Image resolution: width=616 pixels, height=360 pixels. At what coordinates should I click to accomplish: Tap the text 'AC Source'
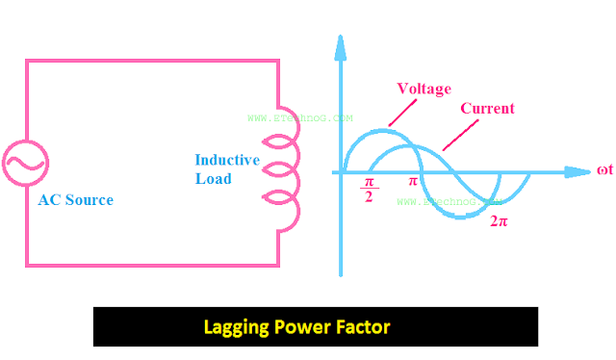tap(75, 200)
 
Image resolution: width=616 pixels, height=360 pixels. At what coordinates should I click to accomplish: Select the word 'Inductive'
tap(227, 160)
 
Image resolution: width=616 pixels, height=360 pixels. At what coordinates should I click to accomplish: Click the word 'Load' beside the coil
tap(213, 178)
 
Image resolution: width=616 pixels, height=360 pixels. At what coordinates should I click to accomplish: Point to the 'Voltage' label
tap(423, 89)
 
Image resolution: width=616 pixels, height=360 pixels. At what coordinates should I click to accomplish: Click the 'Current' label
tap(487, 109)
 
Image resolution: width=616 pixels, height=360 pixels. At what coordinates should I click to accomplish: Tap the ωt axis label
tap(605, 171)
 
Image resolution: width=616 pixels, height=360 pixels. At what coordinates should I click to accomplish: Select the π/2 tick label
tap(370, 189)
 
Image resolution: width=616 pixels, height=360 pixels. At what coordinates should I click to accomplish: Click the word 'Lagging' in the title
tap(238, 327)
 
